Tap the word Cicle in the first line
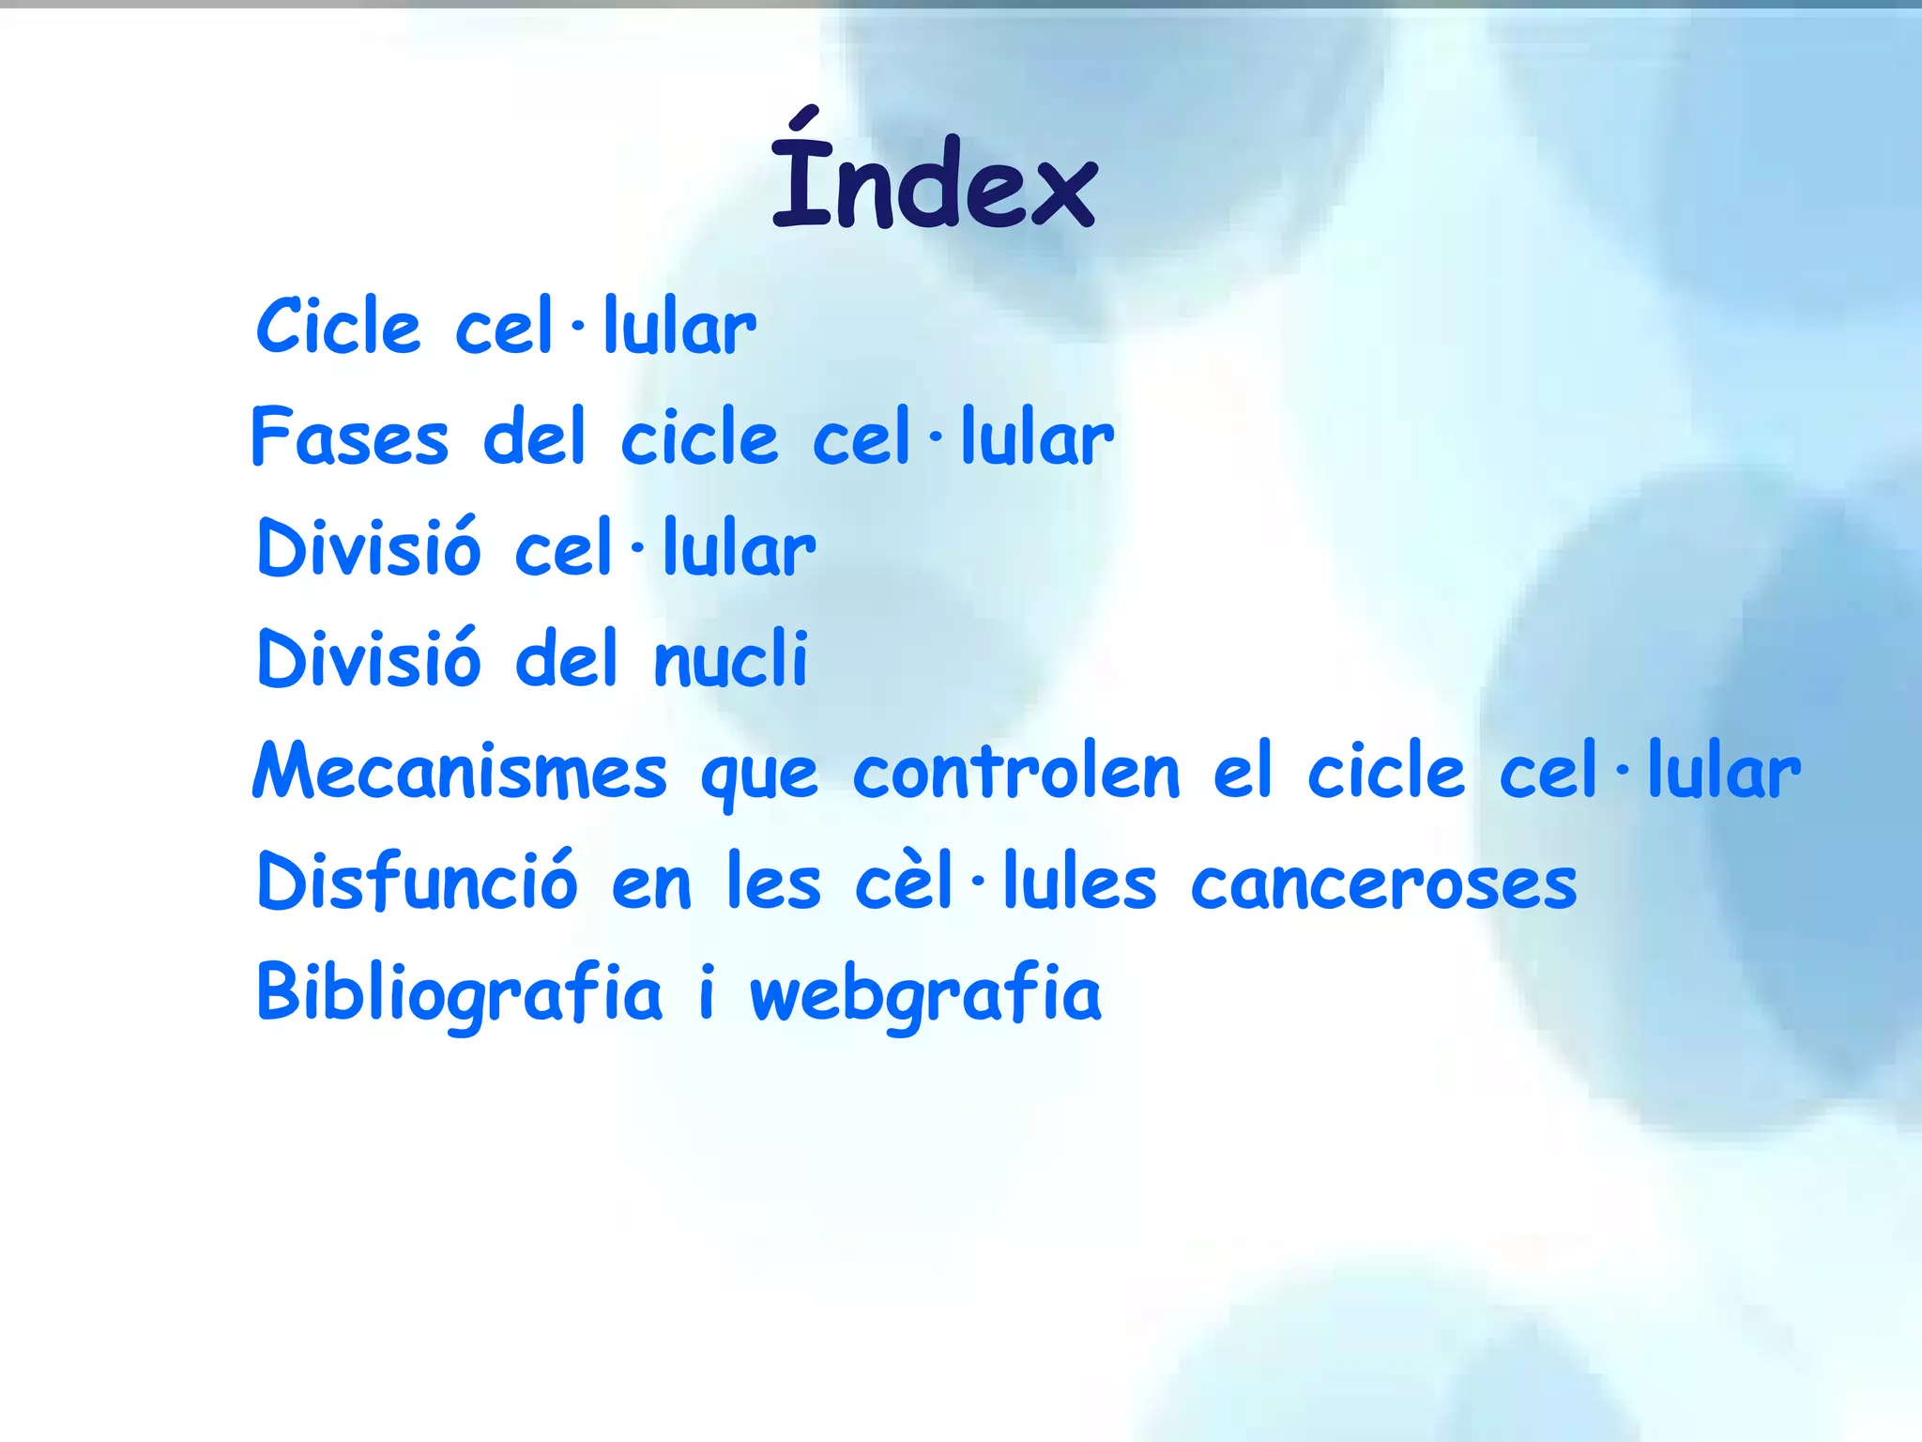(x=338, y=327)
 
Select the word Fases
(x=350, y=437)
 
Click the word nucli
(x=730, y=659)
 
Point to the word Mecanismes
(x=460, y=772)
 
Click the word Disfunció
(x=417, y=882)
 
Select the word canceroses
(x=1384, y=884)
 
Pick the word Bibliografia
(x=459, y=994)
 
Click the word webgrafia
(x=925, y=994)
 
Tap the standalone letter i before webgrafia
(x=707, y=991)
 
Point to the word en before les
(x=651, y=886)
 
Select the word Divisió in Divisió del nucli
(x=369, y=659)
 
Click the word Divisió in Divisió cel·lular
(x=369, y=548)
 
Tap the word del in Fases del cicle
(x=534, y=437)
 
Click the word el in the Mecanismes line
(x=1243, y=772)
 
